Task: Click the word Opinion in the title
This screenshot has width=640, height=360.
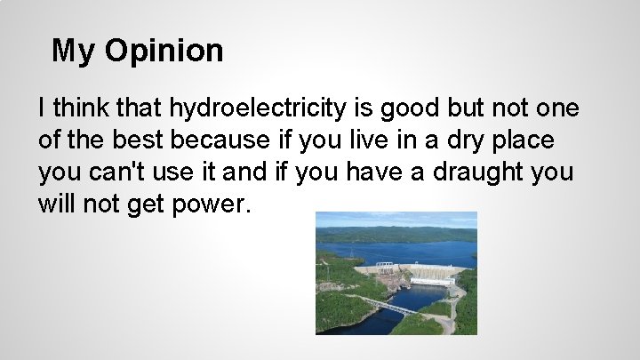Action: pos(164,51)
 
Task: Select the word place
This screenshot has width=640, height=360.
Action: pos(530,141)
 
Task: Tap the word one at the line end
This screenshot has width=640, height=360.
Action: pos(557,109)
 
